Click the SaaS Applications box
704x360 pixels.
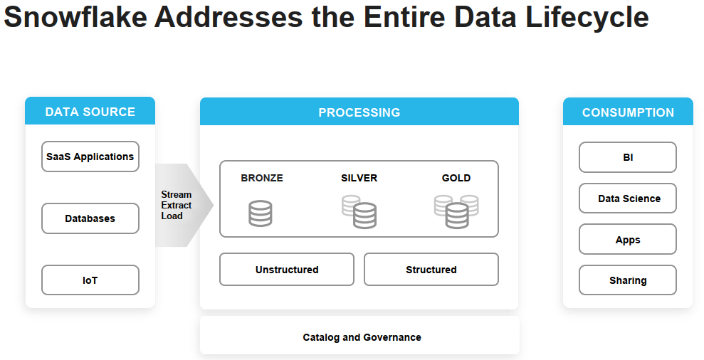(90, 157)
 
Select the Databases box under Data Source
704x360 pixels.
(90, 218)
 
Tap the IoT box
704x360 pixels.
(90, 280)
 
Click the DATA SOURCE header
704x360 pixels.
(90, 112)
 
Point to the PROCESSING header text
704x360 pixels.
(359, 112)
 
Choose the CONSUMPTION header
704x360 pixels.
(628, 112)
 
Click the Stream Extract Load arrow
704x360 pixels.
(178, 206)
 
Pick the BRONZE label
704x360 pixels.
(262, 178)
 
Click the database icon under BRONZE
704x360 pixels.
(261, 213)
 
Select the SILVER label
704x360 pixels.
(359, 178)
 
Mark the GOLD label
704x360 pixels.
(456, 178)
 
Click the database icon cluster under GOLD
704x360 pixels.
(456, 212)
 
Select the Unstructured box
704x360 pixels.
(287, 270)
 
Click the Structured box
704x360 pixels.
(431, 270)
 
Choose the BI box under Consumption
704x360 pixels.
(628, 157)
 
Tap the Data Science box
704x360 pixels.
(628, 198)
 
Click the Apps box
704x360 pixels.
(628, 240)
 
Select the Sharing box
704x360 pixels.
(628, 280)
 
